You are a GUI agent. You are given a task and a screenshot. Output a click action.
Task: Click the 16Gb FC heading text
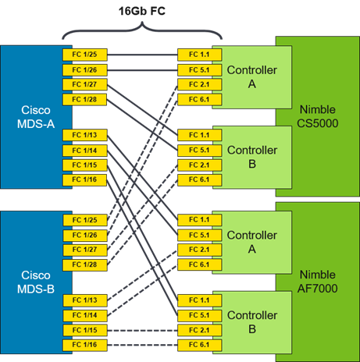pos(142,11)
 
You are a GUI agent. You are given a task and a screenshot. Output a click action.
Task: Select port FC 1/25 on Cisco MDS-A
pos(85,55)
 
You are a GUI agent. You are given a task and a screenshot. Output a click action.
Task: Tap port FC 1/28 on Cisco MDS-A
pos(85,100)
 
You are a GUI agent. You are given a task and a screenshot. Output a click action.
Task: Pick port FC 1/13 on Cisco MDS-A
pos(85,135)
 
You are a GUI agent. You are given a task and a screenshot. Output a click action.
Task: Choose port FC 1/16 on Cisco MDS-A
pos(85,179)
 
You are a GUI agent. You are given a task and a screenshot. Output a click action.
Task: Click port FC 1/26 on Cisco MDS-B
pos(85,236)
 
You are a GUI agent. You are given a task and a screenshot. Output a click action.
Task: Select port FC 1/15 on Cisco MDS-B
pos(85,330)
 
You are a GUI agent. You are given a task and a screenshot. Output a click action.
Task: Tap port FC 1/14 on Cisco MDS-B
pos(85,315)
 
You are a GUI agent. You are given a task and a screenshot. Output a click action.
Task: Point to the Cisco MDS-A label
pos(36,117)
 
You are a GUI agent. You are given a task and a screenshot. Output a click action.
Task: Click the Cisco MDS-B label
pos(36,282)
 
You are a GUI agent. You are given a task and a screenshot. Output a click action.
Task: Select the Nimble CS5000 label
pos(318,116)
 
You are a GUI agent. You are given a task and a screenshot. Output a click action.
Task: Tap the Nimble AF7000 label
pos(318,282)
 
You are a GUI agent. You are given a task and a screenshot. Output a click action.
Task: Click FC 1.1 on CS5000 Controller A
pos(200,55)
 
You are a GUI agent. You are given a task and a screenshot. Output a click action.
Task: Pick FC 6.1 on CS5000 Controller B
pos(200,179)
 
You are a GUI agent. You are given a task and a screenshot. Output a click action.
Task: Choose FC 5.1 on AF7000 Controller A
pos(200,236)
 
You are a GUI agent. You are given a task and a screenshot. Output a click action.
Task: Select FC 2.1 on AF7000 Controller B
pos(200,330)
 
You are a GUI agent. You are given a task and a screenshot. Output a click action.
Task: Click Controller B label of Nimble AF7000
pos(252,322)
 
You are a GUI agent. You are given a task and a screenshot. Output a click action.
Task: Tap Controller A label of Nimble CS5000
pos(252,77)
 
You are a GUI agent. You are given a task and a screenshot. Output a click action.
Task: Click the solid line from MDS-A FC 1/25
pos(142,55)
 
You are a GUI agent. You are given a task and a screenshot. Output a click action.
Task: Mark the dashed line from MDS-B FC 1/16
pos(142,345)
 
